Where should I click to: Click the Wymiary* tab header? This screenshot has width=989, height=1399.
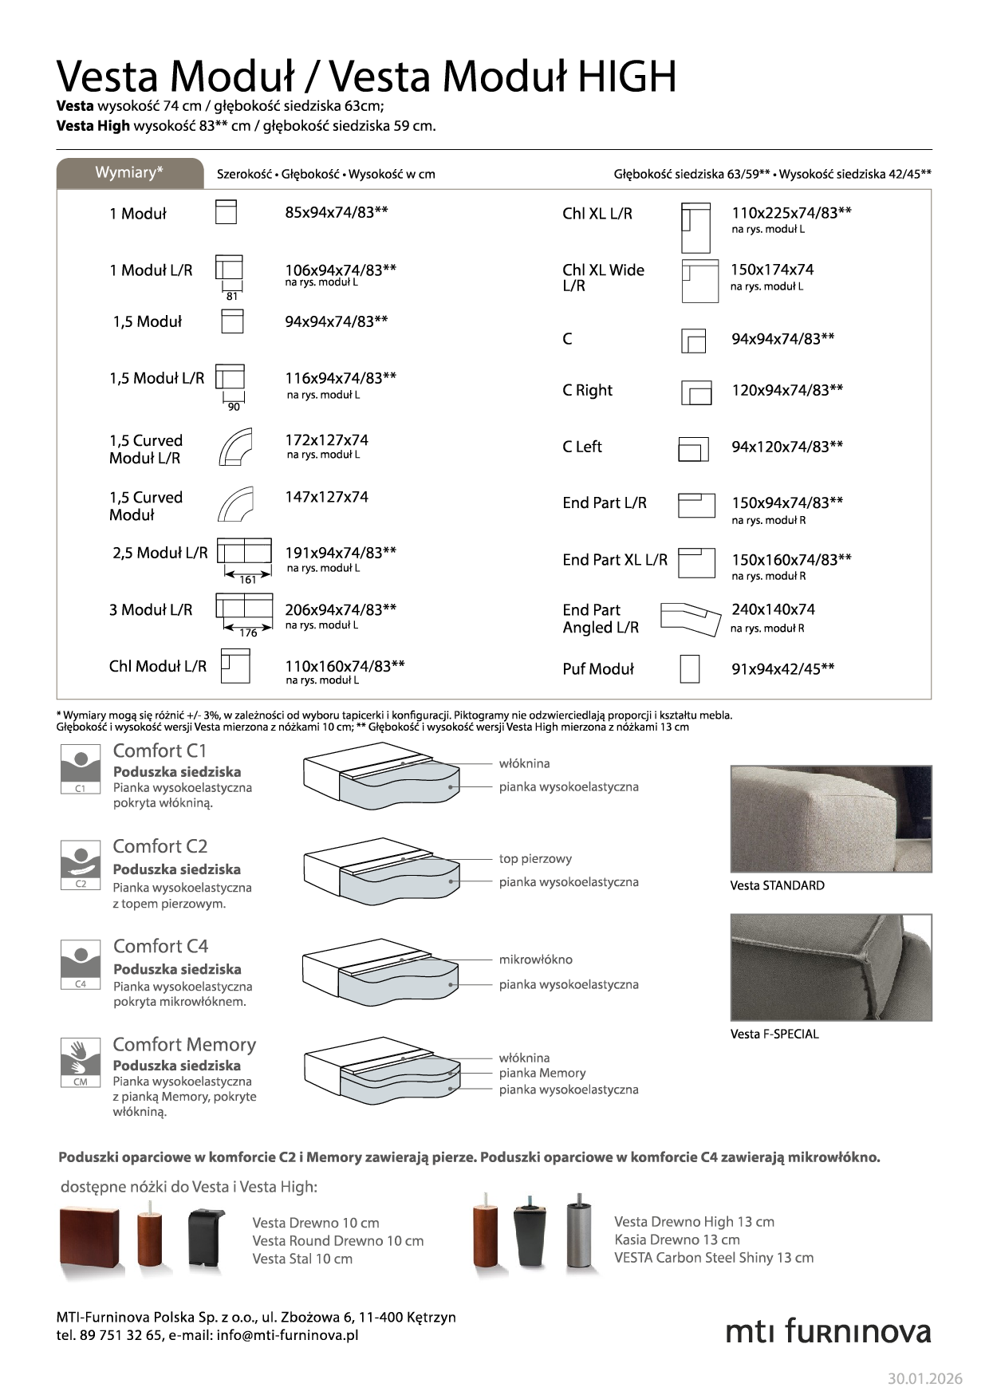click(129, 173)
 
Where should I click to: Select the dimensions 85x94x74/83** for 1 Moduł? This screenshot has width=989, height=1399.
click(336, 212)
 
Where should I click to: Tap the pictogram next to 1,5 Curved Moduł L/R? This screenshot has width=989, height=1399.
click(234, 447)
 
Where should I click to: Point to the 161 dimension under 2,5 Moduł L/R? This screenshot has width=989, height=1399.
click(248, 580)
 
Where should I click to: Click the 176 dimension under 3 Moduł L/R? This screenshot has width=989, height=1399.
click(248, 633)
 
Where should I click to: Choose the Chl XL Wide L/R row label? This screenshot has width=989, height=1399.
click(603, 278)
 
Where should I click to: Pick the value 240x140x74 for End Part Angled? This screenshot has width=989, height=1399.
click(773, 609)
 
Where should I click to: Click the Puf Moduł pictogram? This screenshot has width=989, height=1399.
click(689, 668)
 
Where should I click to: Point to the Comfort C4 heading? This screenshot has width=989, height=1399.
click(160, 946)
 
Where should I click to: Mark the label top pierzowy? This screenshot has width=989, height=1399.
click(535, 859)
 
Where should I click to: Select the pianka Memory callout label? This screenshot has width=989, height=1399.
click(542, 1074)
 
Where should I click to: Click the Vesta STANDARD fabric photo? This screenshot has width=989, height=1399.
click(830, 818)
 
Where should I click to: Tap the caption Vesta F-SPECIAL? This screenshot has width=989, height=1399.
click(774, 1034)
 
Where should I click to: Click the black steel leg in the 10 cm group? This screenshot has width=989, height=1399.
click(206, 1239)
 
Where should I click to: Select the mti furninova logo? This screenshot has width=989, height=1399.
click(828, 1331)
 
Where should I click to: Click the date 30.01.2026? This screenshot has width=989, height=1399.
click(924, 1378)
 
